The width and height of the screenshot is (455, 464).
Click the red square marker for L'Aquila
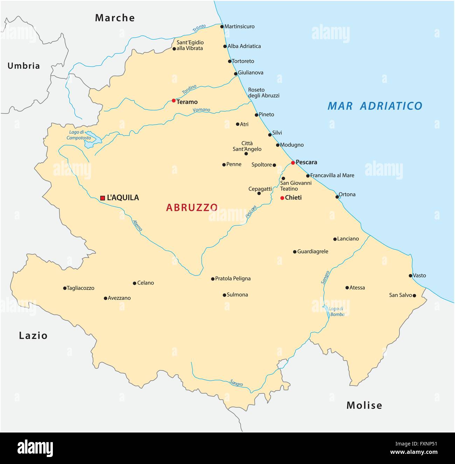click(103, 198)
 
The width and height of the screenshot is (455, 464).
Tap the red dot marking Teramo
click(174, 100)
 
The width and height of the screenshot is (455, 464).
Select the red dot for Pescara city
click(293, 163)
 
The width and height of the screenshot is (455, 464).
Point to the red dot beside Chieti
click(282, 198)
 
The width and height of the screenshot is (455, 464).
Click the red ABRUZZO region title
click(192, 208)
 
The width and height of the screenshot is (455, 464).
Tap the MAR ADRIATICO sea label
click(375, 106)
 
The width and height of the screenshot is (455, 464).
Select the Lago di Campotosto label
click(79, 135)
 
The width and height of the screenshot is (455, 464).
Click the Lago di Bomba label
click(337, 311)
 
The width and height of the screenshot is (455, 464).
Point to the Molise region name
click(364, 405)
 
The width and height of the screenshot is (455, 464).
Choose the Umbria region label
click(24, 66)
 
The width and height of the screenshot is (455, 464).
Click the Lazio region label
click(33, 336)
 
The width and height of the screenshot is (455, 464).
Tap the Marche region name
click(115, 18)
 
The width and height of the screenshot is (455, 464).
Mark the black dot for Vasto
click(411, 276)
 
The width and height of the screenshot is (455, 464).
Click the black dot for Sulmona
click(224, 295)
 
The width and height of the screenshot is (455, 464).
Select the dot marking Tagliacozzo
click(65, 288)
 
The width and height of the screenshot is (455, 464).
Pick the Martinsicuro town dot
click(222, 27)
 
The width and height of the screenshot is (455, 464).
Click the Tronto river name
click(199, 29)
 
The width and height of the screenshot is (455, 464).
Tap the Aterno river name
click(137, 225)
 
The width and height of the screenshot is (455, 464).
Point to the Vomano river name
click(201, 110)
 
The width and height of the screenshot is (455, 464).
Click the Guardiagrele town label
click(313, 252)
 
